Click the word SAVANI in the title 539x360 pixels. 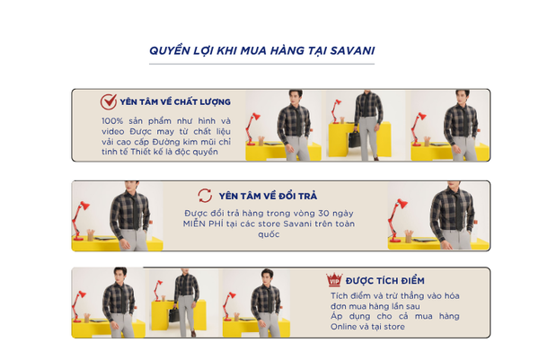[x=352, y=51]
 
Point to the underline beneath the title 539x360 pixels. [x=261, y=64]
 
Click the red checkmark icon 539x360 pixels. [x=109, y=101]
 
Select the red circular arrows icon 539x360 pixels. [x=205, y=196]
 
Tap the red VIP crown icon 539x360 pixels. [x=334, y=279]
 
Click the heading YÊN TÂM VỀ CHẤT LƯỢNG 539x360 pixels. [x=175, y=102]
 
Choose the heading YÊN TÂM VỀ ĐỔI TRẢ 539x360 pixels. [x=268, y=196]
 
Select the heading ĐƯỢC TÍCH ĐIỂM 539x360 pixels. [x=385, y=281]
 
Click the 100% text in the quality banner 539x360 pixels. [x=112, y=121]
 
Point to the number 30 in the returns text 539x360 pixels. [x=323, y=214]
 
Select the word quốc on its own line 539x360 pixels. [x=269, y=234]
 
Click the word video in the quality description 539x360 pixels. [x=113, y=132]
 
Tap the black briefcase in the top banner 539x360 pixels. [x=355, y=139]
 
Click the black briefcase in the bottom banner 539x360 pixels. [x=174, y=314]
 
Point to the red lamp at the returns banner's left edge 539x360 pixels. [x=79, y=221]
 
